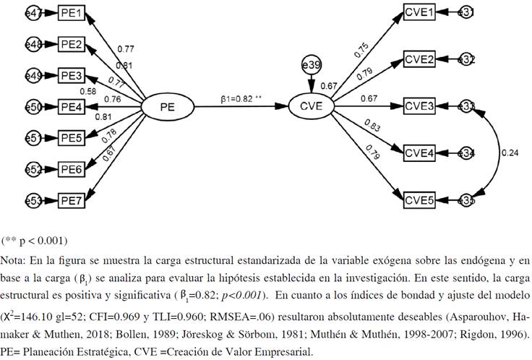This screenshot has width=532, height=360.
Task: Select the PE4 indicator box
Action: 73,108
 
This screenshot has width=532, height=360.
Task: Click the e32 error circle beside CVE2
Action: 466,59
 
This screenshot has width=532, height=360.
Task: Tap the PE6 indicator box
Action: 73,169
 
